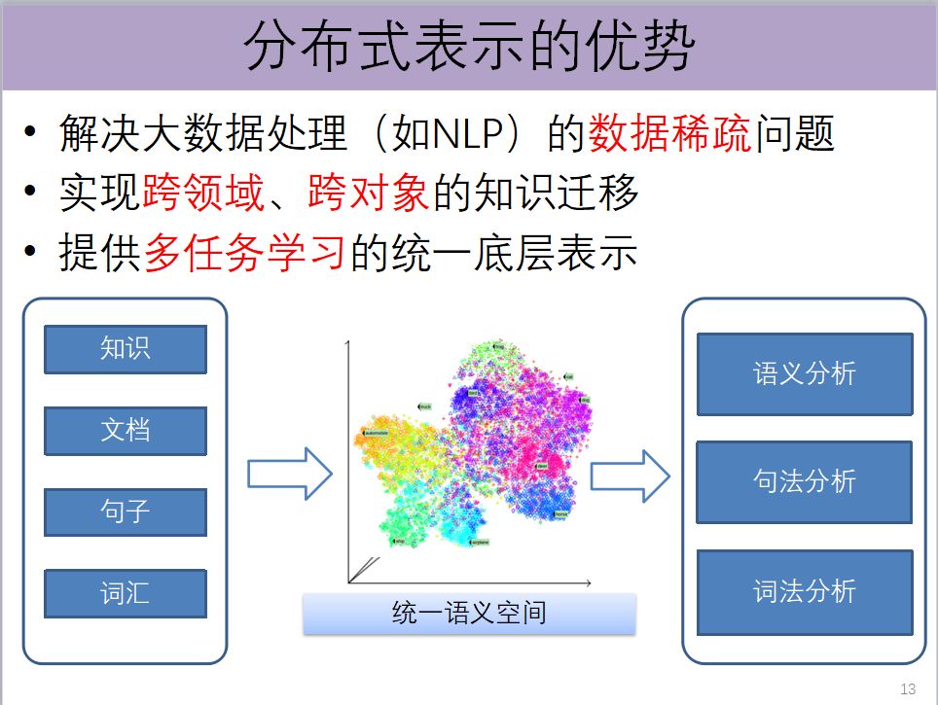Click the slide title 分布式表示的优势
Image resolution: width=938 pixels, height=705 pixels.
coord(468,46)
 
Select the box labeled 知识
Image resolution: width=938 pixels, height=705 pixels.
coord(126,349)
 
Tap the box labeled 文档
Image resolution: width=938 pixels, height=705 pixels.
coord(126,431)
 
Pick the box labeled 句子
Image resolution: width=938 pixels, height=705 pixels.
coord(126,511)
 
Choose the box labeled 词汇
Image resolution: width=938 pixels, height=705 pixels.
coord(126,593)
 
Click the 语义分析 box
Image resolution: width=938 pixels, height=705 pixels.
coord(805,374)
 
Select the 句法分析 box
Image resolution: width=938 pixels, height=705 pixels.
coord(805,482)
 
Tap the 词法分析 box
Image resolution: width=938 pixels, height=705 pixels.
coord(805,591)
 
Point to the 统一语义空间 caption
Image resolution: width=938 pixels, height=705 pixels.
coord(469,614)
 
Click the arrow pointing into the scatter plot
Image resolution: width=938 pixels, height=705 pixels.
coord(290,474)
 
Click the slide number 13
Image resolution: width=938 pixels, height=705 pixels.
coord(909,689)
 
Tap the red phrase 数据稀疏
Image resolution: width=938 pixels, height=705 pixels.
coord(670,135)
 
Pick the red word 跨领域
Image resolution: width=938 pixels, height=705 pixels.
coord(202,194)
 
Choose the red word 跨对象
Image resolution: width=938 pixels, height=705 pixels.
coord(369,194)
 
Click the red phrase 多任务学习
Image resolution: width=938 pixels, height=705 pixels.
coord(244,254)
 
